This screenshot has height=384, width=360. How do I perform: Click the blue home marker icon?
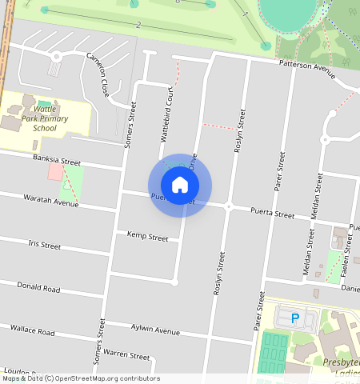tap(180, 185)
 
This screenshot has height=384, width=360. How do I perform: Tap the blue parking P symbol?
tap(294, 318)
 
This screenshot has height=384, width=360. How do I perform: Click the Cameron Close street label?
tap(98, 75)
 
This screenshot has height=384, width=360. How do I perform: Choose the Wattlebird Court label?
tap(166, 115)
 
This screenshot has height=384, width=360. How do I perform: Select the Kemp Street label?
tap(148, 237)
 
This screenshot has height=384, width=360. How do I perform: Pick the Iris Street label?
tap(44, 245)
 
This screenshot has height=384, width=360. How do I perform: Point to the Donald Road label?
tap(38, 287)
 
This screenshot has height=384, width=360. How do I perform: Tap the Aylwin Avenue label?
tap(155, 330)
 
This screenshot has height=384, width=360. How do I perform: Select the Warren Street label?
tap(126, 354)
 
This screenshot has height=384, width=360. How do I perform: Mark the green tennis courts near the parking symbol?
tap(274, 350)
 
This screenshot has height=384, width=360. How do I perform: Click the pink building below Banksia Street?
tap(55, 172)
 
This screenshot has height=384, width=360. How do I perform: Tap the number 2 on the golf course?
tap(138, 25)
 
